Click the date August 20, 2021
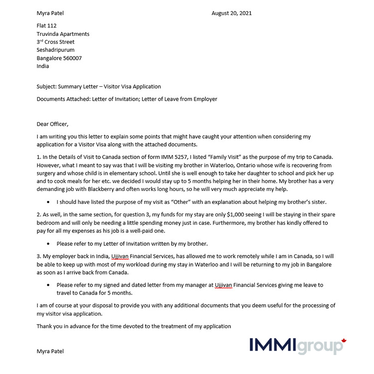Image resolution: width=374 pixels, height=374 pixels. (x=231, y=13)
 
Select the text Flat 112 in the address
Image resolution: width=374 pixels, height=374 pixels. (x=46, y=25)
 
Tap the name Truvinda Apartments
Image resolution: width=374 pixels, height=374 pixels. (x=63, y=34)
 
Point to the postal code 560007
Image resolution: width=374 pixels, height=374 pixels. (x=72, y=58)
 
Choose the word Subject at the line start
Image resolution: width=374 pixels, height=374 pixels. (x=46, y=86)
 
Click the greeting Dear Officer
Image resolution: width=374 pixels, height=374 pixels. (x=52, y=124)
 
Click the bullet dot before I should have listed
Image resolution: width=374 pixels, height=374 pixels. (x=48, y=202)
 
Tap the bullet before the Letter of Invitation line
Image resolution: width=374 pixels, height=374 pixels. (x=48, y=244)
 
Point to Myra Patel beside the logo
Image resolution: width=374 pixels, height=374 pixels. (x=50, y=351)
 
